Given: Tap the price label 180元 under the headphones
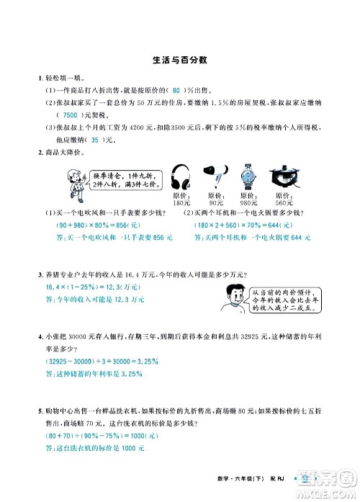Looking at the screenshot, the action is (x=181, y=202).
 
